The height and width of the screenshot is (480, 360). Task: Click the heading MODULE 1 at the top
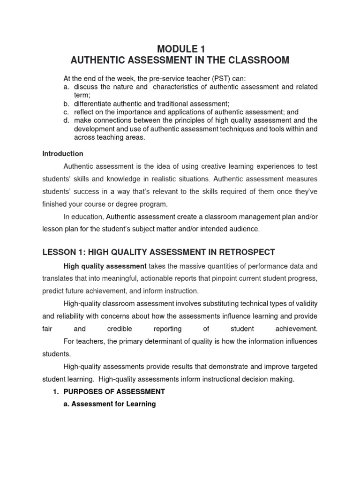click(180, 49)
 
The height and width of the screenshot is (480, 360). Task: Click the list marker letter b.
click(66, 104)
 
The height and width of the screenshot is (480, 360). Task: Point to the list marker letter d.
click(66, 120)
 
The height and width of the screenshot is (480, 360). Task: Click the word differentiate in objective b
click(91, 104)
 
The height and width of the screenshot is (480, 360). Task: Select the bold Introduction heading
click(63, 154)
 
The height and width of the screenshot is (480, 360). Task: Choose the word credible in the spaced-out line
click(119, 329)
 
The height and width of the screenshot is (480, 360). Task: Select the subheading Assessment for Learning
click(109, 404)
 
